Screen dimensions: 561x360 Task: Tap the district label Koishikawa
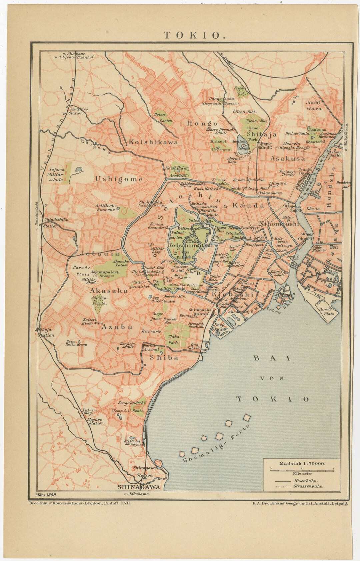tap(153, 142)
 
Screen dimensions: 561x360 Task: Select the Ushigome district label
tap(119, 179)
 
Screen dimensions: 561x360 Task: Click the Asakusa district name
tap(288, 159)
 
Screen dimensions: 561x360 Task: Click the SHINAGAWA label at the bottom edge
tap(139, 487)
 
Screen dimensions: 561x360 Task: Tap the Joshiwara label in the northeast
tap(314, 105)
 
